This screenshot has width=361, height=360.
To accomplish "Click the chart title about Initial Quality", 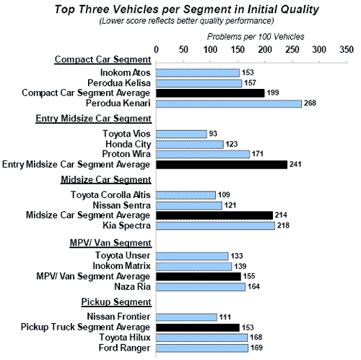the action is pos(187,9).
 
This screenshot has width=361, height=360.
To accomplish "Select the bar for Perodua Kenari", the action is pos(229,103).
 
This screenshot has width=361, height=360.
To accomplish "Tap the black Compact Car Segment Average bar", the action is pos(210,93).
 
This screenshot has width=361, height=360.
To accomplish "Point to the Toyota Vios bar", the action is pos(181,134).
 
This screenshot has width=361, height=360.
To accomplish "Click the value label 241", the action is pos(295,164).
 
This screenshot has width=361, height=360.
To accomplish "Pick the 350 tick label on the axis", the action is pos(347,50).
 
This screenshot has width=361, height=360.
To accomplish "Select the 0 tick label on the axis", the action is pos(156,50).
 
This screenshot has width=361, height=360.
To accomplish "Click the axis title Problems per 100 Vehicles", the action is pos(256,37).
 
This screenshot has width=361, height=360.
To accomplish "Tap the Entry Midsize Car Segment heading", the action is pos(94,119).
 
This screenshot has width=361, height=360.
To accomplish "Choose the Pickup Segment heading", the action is pos(116,301).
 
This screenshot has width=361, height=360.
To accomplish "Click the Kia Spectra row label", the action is pos(126,226).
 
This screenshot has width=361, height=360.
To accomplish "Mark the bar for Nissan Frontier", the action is pos(186,317).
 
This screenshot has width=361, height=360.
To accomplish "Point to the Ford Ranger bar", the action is pos(202,348).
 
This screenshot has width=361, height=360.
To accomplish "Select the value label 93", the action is pos(213,134).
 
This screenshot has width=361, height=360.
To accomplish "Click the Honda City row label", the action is pos(129,144).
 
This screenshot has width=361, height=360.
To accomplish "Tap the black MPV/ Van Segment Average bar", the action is pos(199,277).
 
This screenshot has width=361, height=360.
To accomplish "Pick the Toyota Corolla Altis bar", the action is pos(186,195).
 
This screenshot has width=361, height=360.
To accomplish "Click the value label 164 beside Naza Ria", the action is pos(253,286).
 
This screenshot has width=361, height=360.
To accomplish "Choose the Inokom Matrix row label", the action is pos(121,266).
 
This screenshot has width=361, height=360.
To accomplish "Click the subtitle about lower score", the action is pos(187,21).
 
